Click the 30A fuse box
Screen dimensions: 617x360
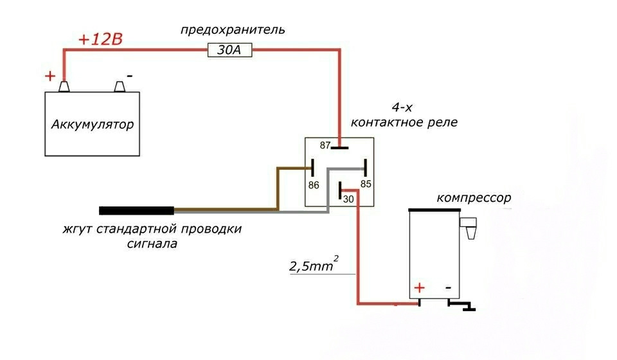230,50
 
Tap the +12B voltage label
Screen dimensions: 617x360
101,39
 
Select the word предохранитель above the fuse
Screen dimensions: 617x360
233,30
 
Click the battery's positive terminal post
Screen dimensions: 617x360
64,87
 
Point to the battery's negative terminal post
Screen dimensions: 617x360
120,87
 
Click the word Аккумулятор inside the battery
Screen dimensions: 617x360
93,125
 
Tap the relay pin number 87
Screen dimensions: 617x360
325,145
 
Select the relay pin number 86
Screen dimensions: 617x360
314,185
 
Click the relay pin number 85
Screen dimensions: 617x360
366,184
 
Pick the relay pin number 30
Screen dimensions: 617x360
348,199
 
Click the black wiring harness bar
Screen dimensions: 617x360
136,210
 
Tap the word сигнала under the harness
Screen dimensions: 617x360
152,244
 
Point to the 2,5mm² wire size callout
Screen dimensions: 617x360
314,264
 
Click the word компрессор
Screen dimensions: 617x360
474,197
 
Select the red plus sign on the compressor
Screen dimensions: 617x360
420,288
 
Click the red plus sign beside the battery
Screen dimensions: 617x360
50,76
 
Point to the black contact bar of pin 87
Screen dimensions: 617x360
339,148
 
